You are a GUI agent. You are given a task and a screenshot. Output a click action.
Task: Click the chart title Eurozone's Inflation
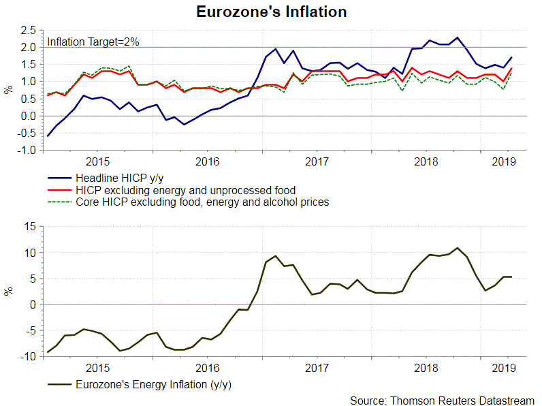pos(271,12)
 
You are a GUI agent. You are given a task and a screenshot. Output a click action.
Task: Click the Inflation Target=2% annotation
pos(93,42)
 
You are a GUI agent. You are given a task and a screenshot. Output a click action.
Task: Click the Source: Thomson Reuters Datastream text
pos(443,399)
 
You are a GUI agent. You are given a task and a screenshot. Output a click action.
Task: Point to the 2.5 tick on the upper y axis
pos(28,30)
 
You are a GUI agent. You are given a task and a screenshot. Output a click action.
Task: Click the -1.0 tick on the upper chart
pos(27,151)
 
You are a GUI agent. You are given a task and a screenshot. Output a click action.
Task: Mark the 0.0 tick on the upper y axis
pos(28,116)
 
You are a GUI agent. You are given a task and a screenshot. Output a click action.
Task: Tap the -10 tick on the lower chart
pos(29,356)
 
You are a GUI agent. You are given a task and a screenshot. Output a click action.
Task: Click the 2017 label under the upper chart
pos(317,161)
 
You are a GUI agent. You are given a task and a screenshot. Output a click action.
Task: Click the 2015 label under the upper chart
pos(99,161)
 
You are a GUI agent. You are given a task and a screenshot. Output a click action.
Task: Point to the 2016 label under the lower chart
pos(208,368)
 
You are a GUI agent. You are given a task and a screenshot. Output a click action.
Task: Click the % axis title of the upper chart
pos(8,90)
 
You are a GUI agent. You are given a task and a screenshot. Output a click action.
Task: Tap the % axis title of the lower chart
pos(8,291)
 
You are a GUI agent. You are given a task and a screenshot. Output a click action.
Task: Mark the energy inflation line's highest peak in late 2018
pos(458,248)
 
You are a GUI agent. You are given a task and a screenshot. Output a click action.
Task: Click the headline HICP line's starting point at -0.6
pos(48,136)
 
